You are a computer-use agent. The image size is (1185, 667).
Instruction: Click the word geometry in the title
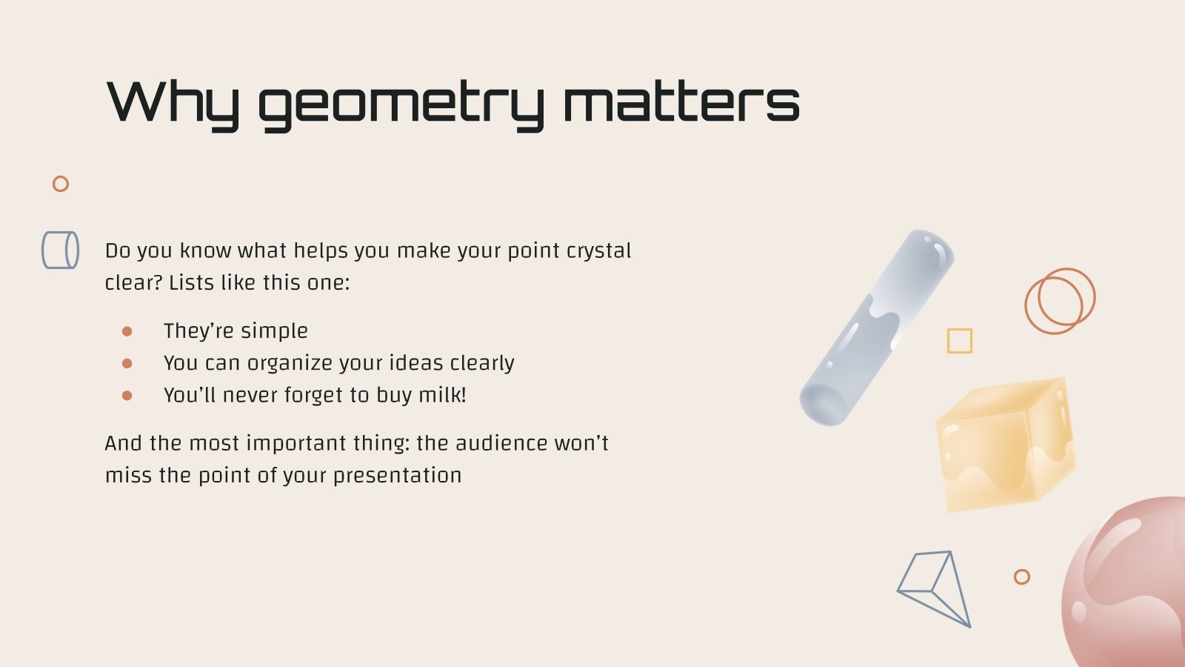(400, 103)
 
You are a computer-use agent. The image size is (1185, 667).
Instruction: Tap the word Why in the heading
(173, 103)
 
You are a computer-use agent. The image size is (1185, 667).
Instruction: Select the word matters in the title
(681, 103)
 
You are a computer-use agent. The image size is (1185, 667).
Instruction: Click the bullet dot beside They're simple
(127, 331)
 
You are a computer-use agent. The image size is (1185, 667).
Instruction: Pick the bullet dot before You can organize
(127, 363)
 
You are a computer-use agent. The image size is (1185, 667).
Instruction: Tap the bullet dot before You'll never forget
(127, 396)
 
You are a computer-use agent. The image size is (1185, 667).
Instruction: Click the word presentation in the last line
(397, 475)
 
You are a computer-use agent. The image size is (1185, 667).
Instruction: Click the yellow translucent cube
(1006, 445)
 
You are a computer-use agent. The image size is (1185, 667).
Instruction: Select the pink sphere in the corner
(1129, 585)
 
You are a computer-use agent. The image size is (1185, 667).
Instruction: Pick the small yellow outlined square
(960, 341)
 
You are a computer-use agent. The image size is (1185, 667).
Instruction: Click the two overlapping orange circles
(1060, 300)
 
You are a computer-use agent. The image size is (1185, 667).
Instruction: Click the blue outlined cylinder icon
(60, 250)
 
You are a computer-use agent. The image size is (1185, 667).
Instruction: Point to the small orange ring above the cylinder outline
(61, 184)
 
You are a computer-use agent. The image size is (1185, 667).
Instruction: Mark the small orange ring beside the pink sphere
(1022, 577)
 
